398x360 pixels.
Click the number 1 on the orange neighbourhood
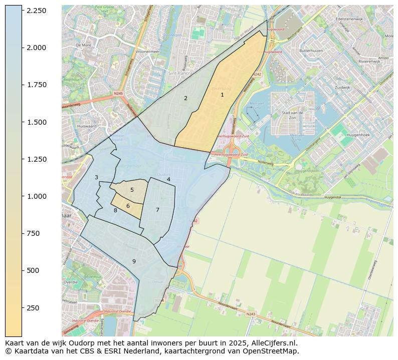[x=222, y=95]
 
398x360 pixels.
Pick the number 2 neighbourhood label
[x=185, y=98]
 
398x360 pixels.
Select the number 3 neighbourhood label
[x=96, y=177]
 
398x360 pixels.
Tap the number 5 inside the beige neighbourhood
[x=132, y=190]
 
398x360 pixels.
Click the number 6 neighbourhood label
[x=128, y=206]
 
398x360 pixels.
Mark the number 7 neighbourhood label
[x=157, y=210]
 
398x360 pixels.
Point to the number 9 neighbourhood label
[x=134, y=261]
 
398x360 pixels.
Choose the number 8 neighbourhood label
[x=115, y=210]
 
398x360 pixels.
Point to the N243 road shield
[x=251, y=314]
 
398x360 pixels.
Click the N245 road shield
[x=118, y=93]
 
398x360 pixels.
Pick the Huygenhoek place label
[x=358, y=135]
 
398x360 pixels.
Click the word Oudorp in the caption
[x=89, y=343]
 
